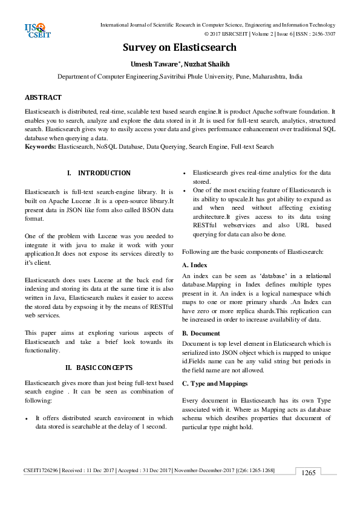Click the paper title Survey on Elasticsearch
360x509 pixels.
tap(180, 48)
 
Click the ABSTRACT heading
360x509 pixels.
tap(43, 97)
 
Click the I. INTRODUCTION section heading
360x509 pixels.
tap(99, 173)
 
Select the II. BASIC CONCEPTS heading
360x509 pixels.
tap(99, 367)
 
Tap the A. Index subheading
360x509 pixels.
tap(195, 265)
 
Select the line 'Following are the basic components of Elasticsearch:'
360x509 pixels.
tap(253, 250)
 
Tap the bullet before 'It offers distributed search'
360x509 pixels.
tap(27, 418)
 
